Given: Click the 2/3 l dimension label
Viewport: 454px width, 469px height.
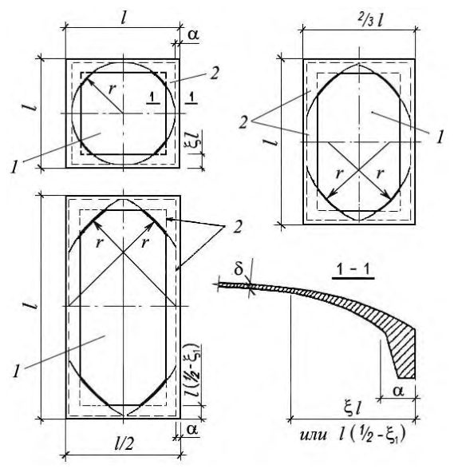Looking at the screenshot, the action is [370, 20].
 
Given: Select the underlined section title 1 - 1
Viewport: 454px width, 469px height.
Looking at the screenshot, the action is [353, 270].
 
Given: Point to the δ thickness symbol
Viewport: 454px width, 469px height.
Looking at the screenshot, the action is [239, 269].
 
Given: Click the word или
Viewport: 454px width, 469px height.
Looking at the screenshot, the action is [313, 435].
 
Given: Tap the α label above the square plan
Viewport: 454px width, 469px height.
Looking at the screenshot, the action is [193, 35].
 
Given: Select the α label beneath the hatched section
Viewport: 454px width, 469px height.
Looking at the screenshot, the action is [399, 391].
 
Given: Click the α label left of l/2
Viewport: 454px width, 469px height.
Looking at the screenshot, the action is [192, 429].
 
